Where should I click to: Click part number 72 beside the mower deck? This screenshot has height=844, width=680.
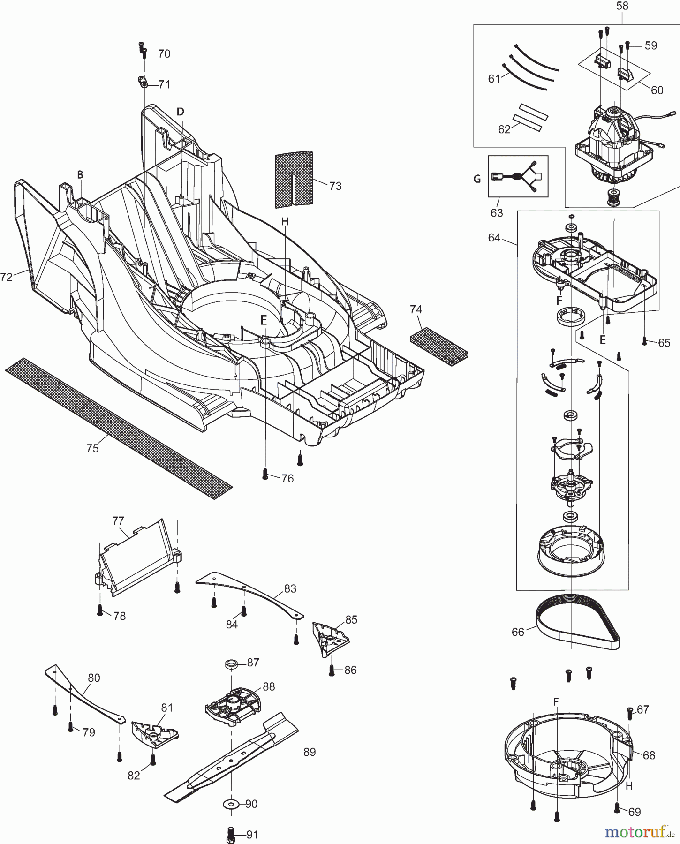6,278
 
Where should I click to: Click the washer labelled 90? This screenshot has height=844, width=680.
230,805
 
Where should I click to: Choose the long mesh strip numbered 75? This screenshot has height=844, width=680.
117,430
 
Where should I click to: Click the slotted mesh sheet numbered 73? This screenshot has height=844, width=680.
293,179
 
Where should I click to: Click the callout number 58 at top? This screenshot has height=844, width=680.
622,7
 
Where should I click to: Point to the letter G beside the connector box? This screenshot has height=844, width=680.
477,179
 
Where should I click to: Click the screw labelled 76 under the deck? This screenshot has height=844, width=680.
265,475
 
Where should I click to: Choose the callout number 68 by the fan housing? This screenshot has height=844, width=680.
649,755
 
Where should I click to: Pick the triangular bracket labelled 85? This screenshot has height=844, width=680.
331,638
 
